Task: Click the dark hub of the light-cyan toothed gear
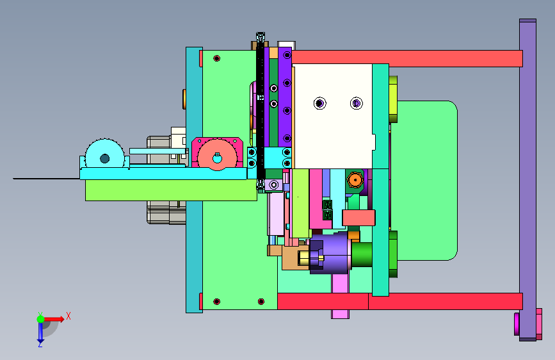105,158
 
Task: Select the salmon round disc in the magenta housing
217,155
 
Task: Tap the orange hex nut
355,180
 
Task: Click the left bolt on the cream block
320,103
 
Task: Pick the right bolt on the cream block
357,103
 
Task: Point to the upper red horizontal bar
407,58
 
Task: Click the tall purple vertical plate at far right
527,179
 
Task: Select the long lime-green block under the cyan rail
171,190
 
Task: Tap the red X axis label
68,316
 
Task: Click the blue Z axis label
40,344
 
